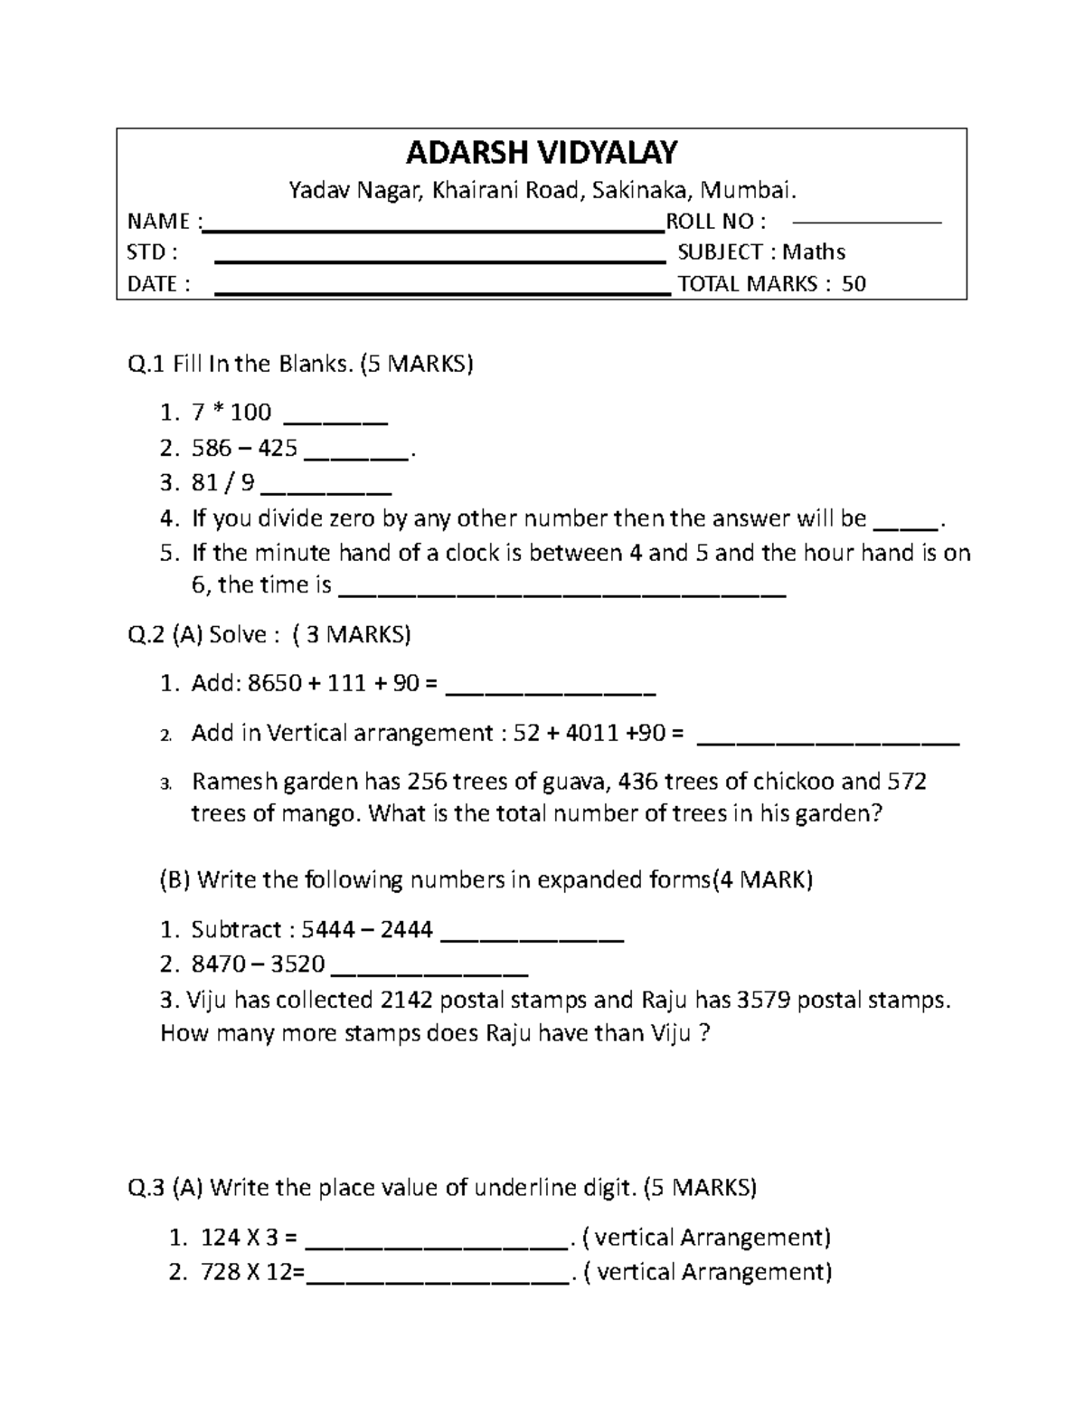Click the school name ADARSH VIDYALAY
point(541,153)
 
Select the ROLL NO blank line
point(866,221)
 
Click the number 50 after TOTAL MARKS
point(854,284)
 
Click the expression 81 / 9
point(222,483)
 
